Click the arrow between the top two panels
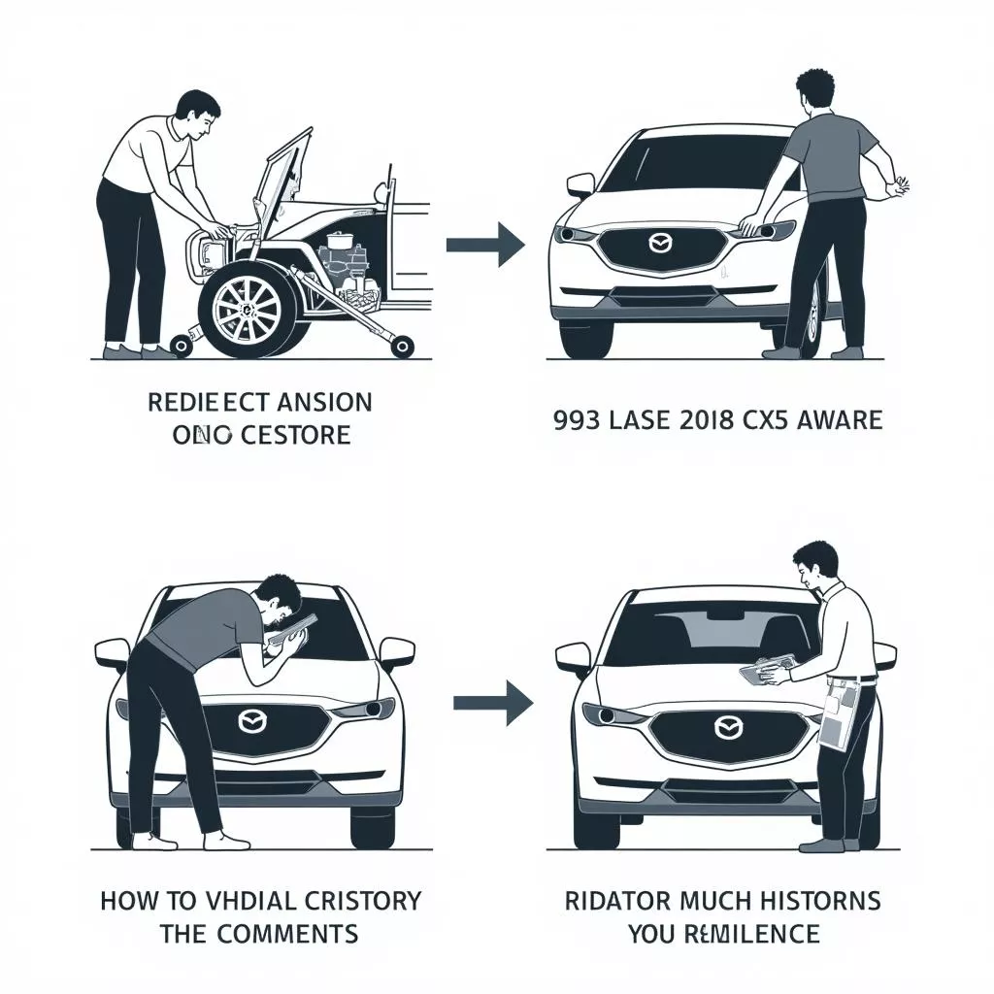pyautogui.click(x=485, y=244)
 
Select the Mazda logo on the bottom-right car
pyautogui.click(x=725, y=727)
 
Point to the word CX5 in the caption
pyautogui.click(x=777, y=419)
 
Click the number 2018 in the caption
pyautogui.click(x=715, y=419)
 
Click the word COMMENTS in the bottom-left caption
pyautogui.click(x=296, y=934)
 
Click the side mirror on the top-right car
pyautogui.click(x=580, y=184)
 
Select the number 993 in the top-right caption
pyautogui.click(x=573, y=419)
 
